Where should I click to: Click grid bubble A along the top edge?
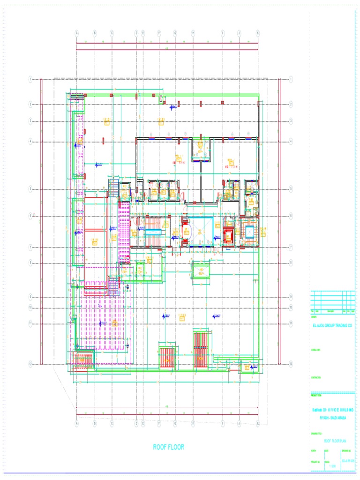click(x=77, y=33)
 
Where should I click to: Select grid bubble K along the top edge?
click(x=258, y=33)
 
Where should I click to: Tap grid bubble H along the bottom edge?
click(x=193, y=423)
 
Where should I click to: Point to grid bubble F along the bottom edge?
click(x=159, y=423)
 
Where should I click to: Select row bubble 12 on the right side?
click(x=291, y=364)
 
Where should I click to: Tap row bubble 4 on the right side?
click(x=291, y=141)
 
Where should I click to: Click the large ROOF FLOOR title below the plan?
click(x=169, y=447)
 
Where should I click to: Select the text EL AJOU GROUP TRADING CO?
click(x=331, y=325)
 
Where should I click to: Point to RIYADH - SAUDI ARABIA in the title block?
click(x=332, y=417)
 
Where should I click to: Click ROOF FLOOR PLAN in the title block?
click(x=335, y=441)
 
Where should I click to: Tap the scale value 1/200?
click(x=333, y=466)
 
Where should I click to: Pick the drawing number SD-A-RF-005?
click(x=347, y=462)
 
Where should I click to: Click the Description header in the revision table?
click(x=330, y=311)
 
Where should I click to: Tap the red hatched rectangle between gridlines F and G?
click(x=167, y=359)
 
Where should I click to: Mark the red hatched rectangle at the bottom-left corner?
click(x=82, y=362)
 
